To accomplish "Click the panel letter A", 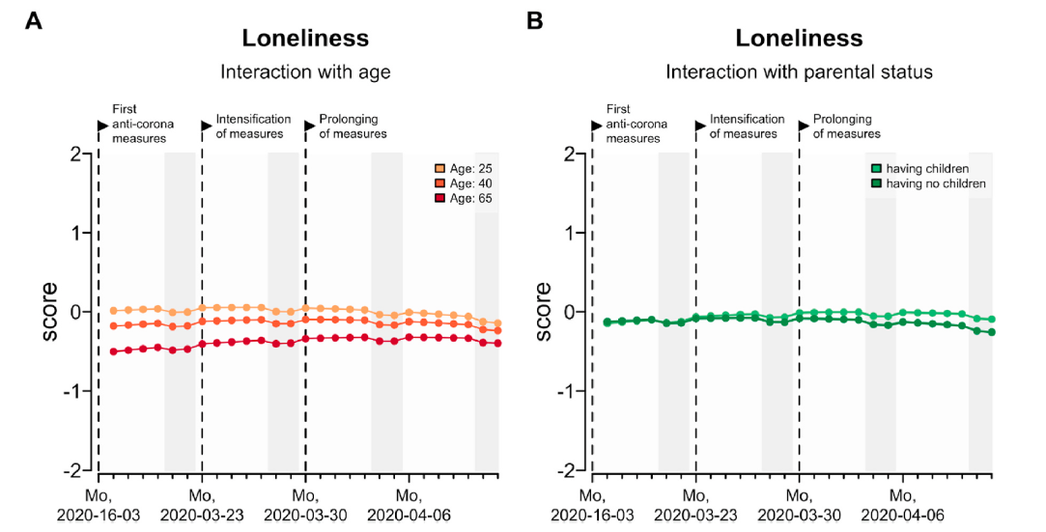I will coord(33,19).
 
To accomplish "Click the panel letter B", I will coord(533,19).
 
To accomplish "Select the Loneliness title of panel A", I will coord(305,39).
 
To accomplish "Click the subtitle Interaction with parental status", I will coord(799,71).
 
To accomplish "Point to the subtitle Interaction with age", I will coord(305,71).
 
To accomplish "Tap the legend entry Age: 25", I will coord(470,169).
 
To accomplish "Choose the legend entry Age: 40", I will coord(470,183).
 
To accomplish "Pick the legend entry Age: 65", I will coord(470,198).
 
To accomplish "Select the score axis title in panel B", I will coord(544,311).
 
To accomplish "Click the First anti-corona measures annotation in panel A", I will coord(138,125).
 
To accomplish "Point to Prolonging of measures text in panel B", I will coord(846,126).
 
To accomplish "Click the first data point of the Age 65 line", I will coord(114,351).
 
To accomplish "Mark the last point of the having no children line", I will coord(992,332).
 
